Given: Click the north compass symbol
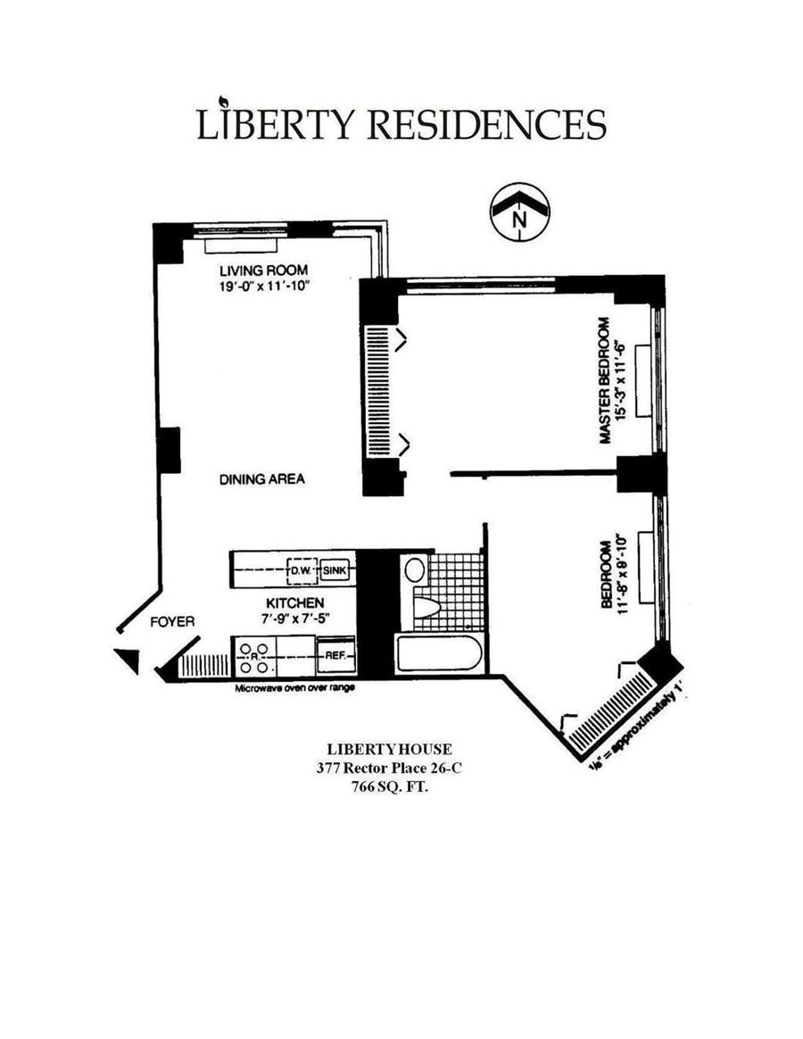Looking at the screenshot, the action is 519,212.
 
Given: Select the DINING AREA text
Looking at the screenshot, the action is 262,479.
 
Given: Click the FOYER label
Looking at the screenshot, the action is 172,621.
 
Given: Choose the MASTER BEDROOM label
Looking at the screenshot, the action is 606,379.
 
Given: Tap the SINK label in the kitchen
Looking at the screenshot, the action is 335,569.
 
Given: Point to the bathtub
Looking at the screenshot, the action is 440,652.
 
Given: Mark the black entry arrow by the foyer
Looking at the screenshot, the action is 128,660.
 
